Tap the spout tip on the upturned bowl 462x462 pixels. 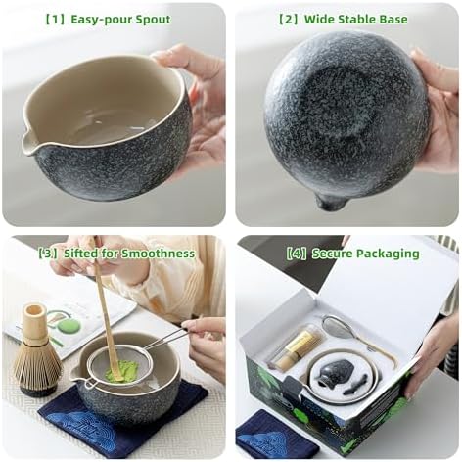pos(331,203)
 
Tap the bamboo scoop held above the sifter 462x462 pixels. pos(106,313)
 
